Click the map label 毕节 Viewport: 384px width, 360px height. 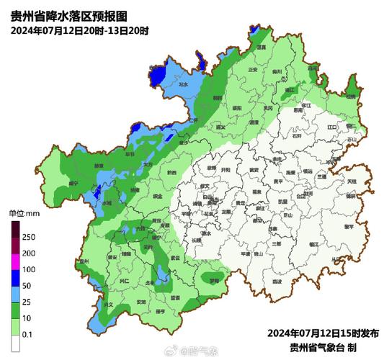click(130, 154)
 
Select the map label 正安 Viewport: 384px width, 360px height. click(252, 70)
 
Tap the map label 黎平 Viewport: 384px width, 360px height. click(349, 227)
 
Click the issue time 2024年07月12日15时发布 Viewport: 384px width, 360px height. click(323, 333)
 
